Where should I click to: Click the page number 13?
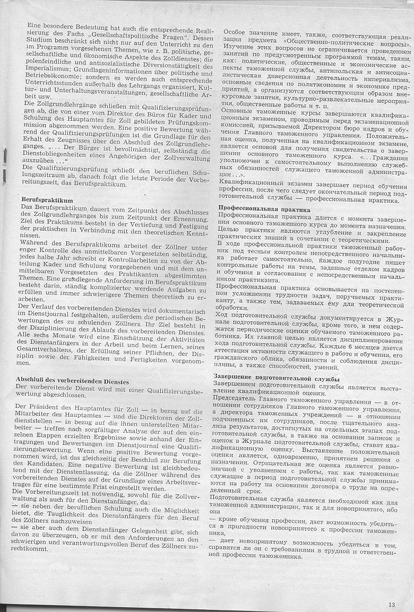pyautogui.click(x=392, y=604)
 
